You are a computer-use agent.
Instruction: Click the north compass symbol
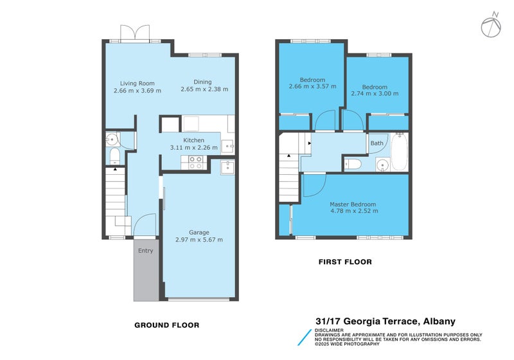click(x=490, y=25)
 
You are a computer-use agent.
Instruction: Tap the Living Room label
click(x=137, y=83)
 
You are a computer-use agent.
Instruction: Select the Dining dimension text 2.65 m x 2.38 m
click(x=204, y=89)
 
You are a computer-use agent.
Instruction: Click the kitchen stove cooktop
click(x=196, y=163)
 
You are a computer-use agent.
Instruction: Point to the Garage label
click(x=199, y=232)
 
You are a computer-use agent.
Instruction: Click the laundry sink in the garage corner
click(x=228, y=167)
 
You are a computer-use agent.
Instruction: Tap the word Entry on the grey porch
click(x=145, y=251)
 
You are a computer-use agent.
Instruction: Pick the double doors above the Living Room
click(x=136, y=33)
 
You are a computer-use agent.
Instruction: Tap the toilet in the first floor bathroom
click(x=355, y=165)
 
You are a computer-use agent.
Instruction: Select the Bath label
click(x=377, y=143)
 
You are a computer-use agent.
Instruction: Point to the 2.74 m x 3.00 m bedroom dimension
click(x=374, y=94)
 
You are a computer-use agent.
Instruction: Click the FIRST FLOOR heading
click(x=345, y=262)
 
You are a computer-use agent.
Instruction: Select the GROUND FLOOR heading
click(x=166, y=325)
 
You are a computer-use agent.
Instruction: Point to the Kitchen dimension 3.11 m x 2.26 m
click(x=193, y=148)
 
